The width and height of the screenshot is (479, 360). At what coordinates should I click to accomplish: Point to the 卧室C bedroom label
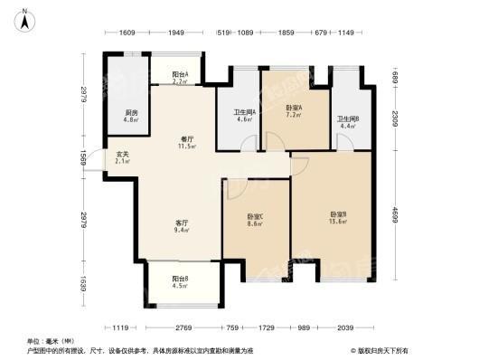tap(256, 219)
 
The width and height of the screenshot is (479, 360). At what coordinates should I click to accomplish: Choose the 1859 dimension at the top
tap(286, 33)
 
